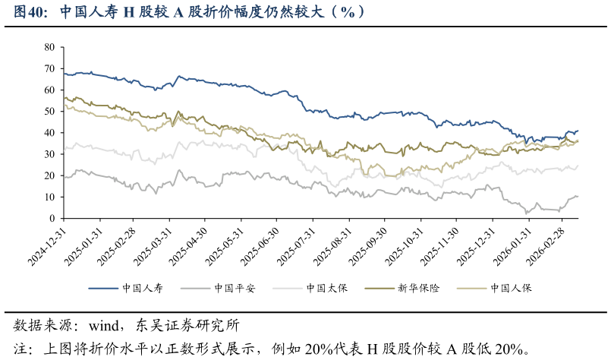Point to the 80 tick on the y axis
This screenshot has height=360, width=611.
(x=49, y=47)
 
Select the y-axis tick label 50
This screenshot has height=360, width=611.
(x=49, y=112)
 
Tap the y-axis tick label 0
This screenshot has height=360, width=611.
(x=52, y=219)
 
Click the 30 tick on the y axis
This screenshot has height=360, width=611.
(x=49, y=154)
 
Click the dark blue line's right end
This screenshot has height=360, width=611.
(x=578, y=131)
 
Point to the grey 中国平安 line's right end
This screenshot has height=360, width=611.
(x=578, y=197)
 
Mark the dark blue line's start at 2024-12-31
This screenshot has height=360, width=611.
(x=64, y=74)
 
